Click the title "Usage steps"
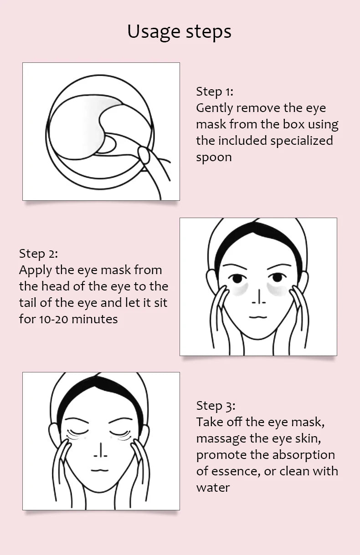(x=180, y=32)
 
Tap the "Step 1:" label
(x=215, y=92)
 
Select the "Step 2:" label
(x=38, y=254)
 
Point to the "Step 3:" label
(x=216, y=406)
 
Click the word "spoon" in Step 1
(x=214, y=158)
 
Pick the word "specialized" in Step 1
(x=302, y=141)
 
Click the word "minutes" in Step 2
(x=95, y=319)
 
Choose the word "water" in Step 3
(x=213, y=488)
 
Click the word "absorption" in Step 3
(x=303, y=455)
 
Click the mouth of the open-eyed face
(x=258, y=317)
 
